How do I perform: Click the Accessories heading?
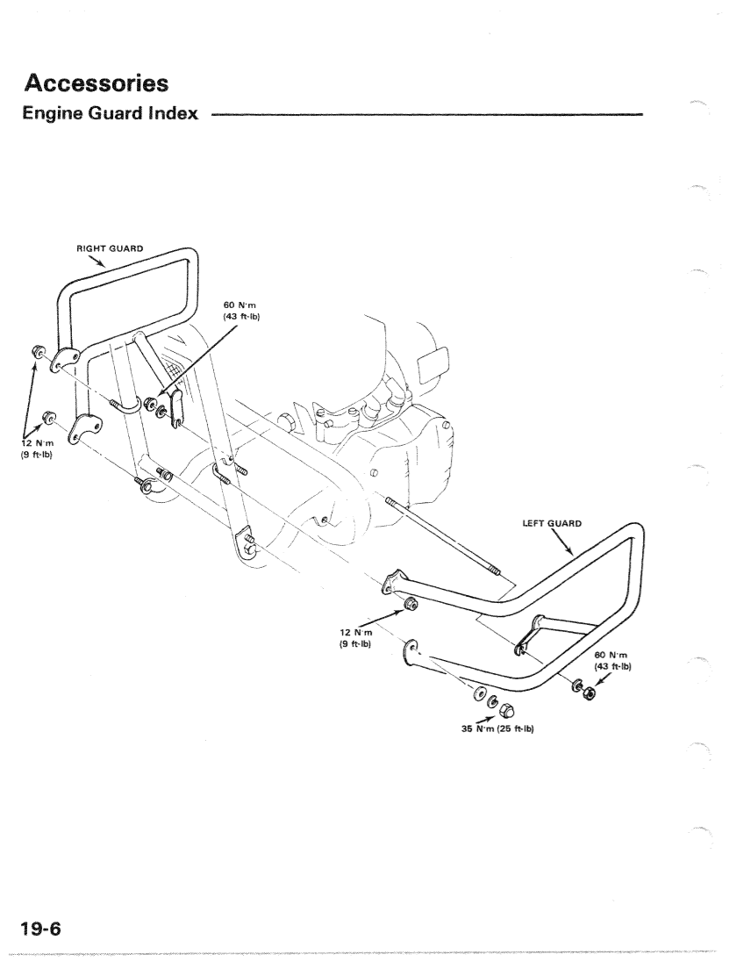click(96, 83)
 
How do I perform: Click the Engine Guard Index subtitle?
click(111, 113)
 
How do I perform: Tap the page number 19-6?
click(41, 929)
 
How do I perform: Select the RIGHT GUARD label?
click(110, 248)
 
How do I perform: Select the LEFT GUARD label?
click(552, 523)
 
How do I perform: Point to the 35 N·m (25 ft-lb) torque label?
click(497, 728)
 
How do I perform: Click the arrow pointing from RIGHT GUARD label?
click(96, 261)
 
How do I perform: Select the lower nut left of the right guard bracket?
click(47, 416)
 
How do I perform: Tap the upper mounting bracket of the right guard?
click(64, 360)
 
